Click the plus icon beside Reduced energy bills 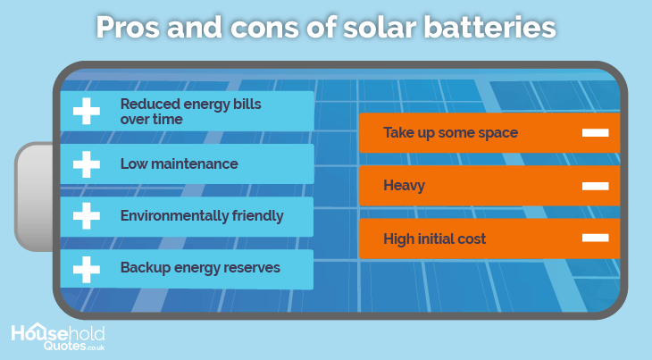tap(87, 111)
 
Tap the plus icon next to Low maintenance tap(87, 164)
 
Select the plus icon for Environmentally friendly tap(87, 216)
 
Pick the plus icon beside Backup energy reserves tap(87, 270)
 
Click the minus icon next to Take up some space tap(596, 132)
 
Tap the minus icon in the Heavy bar tap(596, 186)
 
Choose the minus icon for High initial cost tap(596, 238)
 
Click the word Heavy tap(405, 186)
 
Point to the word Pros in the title tap(128, 28)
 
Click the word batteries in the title tap(489, 28)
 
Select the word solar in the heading tap(380, 28)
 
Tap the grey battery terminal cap tap(34, 197)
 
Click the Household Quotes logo tap(58, 337)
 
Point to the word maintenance tap(195, 163)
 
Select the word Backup tap(146, 268)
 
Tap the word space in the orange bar tap(497, 133)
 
